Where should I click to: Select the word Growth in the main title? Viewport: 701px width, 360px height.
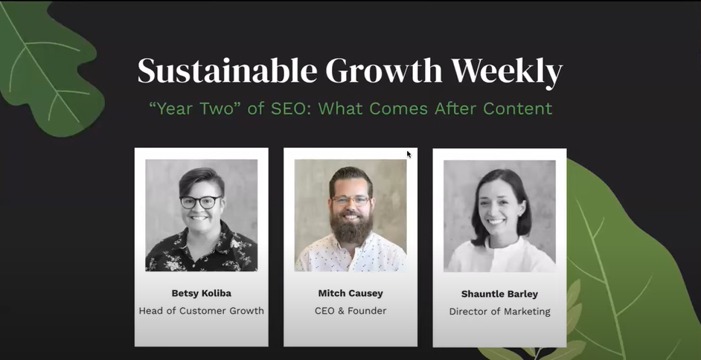pyautogui.click(x=385, y=71)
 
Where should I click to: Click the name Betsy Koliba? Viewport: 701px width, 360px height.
pyautogui.click(x=201, y=292)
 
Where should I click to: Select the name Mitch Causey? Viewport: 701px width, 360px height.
pyautogui.click(x=350, y=292)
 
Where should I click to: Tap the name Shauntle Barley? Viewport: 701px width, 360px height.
pyautogui.click(x=499, y=293)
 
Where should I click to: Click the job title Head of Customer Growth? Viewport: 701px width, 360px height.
pyautogui.click(x=201, y=311)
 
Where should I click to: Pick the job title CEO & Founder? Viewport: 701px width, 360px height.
pyautogui.click(x=350, y=311)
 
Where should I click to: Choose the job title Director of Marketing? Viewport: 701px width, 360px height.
pyautogui.click(x=499, y=312)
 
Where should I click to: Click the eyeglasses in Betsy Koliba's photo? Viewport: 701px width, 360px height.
pyautogui.click(x=200, y=202)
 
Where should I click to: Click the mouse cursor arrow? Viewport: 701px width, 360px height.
pyautogui.click(x=409, y=154)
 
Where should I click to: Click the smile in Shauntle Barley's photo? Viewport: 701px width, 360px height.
pyautogui.click(x=496, y=221)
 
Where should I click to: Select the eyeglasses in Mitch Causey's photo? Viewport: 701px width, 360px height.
pyautogui.click(x=351, y=200)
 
